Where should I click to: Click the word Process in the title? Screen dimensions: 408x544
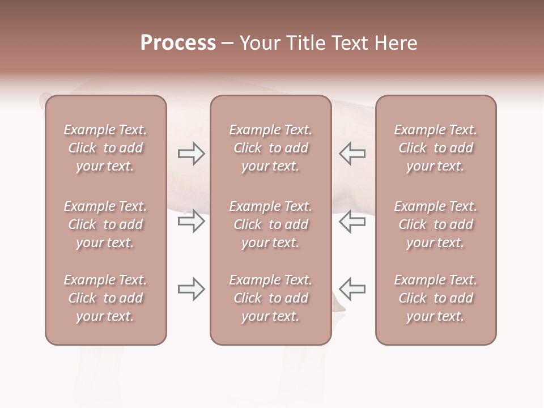pyautogui.click(x=178, y=42)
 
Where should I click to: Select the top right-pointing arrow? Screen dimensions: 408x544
pyautogui.click(x=191, y=154)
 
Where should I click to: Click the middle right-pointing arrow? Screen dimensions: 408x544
pyautogui.click(x=191, y=221)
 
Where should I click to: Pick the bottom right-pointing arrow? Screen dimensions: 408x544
pyautogui.click(x=191, y=289)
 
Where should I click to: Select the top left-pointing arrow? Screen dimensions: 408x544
pyautogui.click(x=352, y=154)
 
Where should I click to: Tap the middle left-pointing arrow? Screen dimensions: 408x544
pyautogui.click(x=352, y=221)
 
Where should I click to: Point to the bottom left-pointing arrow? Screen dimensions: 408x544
pyautogui.click(x=352, y=289)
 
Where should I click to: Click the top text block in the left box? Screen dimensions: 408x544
pyautogui.click(x=105, y=148)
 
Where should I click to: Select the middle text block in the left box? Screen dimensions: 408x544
pyautogui.click(x=105, y=224)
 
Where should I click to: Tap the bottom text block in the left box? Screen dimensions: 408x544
pyautogui.click(x=105, y=298)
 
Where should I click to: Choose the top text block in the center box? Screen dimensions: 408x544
pyautogui.click(x=270, y=148)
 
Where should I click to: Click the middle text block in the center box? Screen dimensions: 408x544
pyautogui.click(x=270, y=224)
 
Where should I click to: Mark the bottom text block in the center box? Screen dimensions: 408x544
pyautogui.click(x=270, y=298)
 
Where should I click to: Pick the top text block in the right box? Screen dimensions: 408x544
pyautogui.click(x=435, y=148)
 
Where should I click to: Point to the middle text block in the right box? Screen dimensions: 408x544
pyautogui.click(x=435, y=224)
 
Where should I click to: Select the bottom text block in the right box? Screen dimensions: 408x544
pyautogui.click(x=435, y=298)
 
